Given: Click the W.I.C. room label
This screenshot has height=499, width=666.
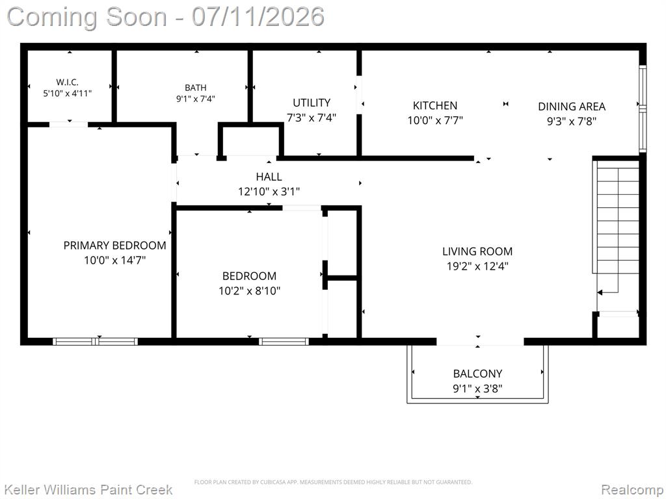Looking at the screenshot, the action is [67, 82].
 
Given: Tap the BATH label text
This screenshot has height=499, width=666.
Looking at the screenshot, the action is [195, 88].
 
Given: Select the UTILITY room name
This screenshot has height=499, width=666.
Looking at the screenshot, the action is [312, 103].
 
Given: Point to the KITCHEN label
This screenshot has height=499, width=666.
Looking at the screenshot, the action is [435, 106].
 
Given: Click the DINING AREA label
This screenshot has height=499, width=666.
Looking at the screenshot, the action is [572, 107].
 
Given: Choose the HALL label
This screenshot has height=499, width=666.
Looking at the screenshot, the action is [269, 177].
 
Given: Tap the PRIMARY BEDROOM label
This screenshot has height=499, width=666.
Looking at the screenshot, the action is [114, 245].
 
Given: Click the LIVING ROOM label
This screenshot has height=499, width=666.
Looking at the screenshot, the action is [477, 251].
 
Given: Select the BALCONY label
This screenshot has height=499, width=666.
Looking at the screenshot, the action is [477, 374].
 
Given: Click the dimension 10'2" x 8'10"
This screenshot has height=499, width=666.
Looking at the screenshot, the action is [249, 290].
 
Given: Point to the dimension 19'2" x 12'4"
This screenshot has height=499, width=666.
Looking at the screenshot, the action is [477, 266].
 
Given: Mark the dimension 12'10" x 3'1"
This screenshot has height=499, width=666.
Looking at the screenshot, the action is [269, 192].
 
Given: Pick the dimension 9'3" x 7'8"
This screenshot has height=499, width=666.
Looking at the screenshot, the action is [572, 122].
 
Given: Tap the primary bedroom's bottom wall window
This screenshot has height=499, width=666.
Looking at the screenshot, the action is [95, 341].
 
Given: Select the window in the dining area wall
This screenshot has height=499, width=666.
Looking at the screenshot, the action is [643, 109].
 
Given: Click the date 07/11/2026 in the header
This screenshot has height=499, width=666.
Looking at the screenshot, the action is [258, 17].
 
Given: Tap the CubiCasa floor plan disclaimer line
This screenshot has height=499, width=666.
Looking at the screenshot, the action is [333, 482].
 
